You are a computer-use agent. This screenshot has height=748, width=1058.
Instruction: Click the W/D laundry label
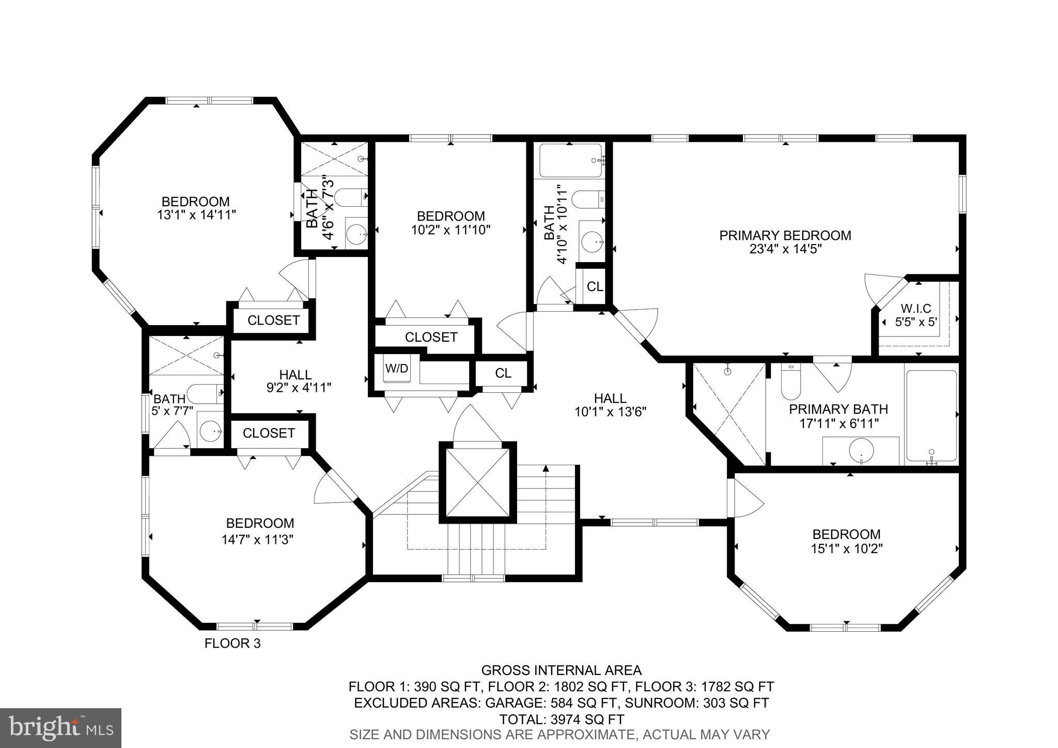(396, 369)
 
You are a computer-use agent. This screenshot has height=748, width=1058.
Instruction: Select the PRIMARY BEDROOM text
(785, 236)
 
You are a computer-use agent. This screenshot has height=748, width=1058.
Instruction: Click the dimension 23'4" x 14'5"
(785, 249)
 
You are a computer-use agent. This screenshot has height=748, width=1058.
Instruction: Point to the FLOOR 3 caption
(232, 644)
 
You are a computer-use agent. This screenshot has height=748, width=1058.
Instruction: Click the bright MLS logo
(60, 727)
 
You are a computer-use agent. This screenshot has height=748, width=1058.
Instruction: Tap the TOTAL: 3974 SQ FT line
(561, 719)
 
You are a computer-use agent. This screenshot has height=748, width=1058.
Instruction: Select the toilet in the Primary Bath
(790, 382)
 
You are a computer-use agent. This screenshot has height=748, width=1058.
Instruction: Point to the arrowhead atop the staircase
(546, 468)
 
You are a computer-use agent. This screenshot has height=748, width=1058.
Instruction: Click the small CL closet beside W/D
(503, 373)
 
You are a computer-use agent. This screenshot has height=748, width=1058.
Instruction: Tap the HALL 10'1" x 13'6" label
(610, 405)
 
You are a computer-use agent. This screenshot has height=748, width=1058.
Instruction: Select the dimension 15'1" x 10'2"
(846, 548)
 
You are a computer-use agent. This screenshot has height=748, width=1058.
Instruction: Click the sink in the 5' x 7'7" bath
(211, 430)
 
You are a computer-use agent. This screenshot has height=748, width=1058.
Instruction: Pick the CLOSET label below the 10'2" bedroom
(431, 338)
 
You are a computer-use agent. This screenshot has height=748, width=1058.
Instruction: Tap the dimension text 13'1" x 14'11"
(196, 215)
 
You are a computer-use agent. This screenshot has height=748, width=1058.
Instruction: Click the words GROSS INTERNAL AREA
(561, 670)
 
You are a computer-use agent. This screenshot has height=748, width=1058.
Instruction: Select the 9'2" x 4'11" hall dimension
(298, 388)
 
